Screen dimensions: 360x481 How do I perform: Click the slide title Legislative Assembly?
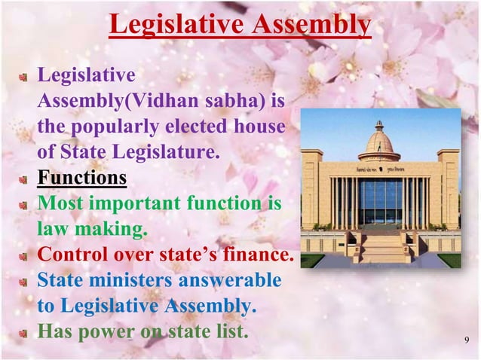click(x=240, y=26)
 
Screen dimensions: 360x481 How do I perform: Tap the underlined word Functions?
click(x=82, y=179)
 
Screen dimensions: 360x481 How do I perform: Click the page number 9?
click(x=465, y=346)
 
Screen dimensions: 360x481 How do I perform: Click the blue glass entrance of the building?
click(x=379, y=203)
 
